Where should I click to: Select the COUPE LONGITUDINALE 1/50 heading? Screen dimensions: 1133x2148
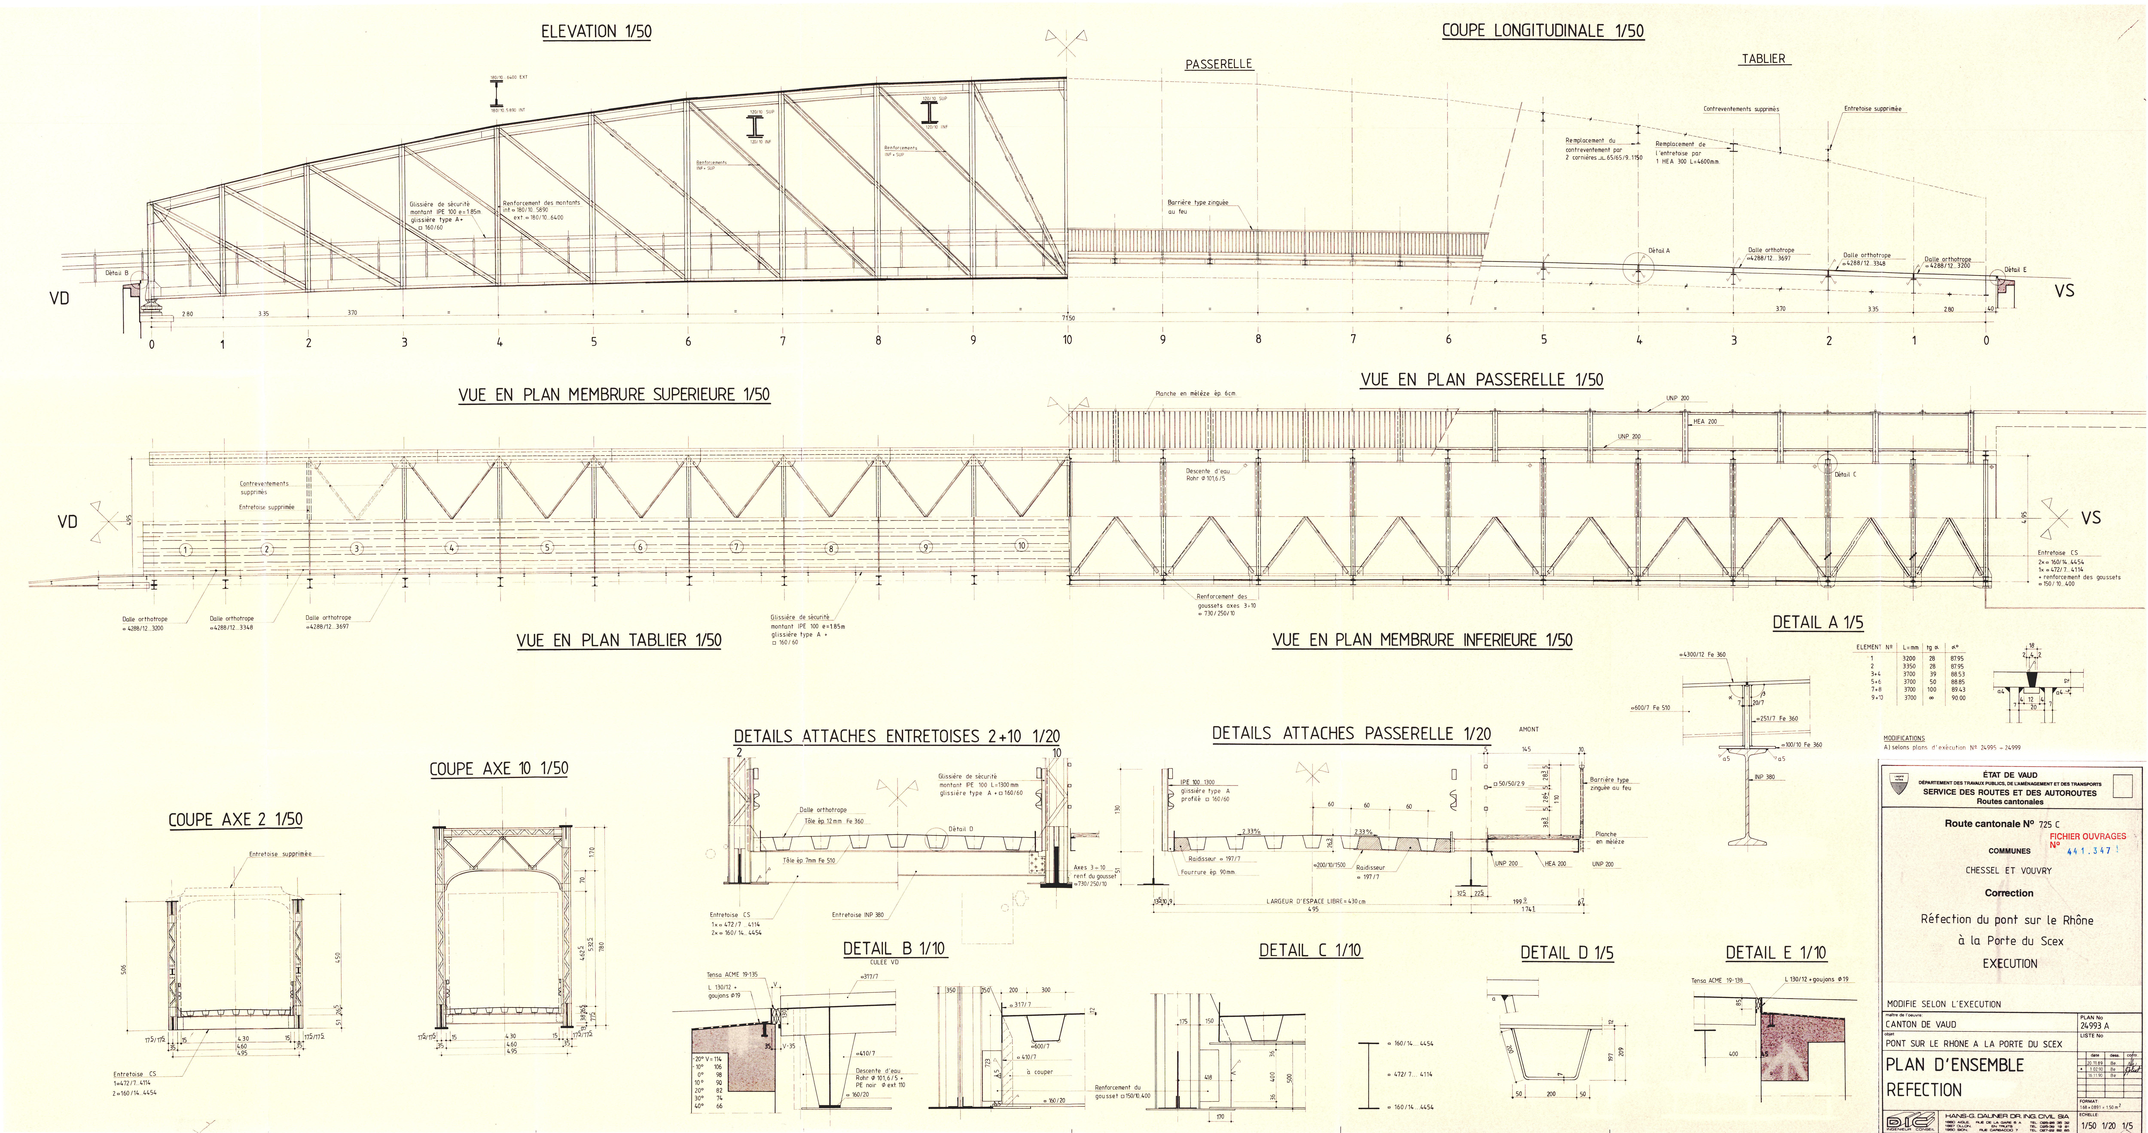point(1543,31)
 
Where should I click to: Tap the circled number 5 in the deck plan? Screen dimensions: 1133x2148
point(547,548)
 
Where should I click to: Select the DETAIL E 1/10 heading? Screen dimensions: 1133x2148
point(1775,953)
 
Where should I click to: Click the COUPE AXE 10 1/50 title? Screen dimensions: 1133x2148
point(499,769)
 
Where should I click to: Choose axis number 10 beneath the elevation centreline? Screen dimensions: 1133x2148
point(1067,340)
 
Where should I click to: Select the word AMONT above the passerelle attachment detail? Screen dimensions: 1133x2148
point(1529,730)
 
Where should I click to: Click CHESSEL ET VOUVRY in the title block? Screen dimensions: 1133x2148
point(2009,870)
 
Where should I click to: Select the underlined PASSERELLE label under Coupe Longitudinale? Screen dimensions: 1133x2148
point(1219,64)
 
